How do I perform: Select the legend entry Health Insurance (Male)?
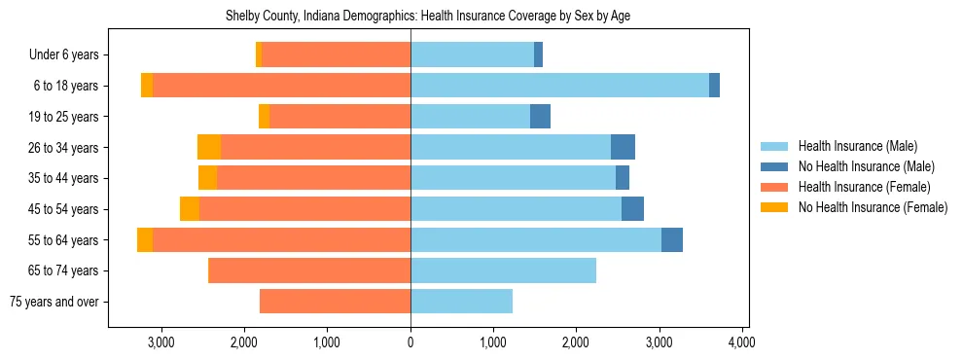pyautogui.click(x=857, y=147)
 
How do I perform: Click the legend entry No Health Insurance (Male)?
pyautogui.click(x=866, y=167)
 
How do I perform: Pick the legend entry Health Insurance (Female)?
pyautogui.click(x=864, y=187)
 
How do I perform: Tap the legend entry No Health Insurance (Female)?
pyautogui.click(x=873, y=207)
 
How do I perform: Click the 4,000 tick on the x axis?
pyautogui.click(x=742, y=342)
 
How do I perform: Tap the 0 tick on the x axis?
pyautogui.click(x=410, y=342)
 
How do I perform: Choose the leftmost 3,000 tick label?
pyautogui.click(x=160, y=342)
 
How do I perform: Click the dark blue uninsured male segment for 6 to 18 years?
pyautogui.click(x=714, y=86)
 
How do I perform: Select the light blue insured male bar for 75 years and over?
pyautogui.click(x=461, y=302)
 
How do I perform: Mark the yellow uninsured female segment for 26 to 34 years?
pyautogui.click(x=209, y=147)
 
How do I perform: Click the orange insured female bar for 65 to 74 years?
pyautogui.click(x=310, y=270)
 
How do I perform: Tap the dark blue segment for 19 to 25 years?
pyautogui.click(x=540, y=117)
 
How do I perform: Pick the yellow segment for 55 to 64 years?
pyautogui.click(x=145, y=239)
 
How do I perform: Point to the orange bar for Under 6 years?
pyautogui.click(x=336, y=55)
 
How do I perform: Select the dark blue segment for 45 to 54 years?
pyautogui.click(x=632, y=209)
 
